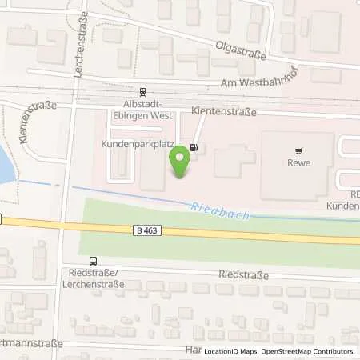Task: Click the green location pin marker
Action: coord(180,162)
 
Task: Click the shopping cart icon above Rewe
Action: coord(299,150)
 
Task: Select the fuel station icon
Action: coord(196,147)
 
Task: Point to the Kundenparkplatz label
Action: coord(130,146)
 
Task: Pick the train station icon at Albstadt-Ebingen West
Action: coord(142,92)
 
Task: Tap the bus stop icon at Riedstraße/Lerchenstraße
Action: coord(94,261)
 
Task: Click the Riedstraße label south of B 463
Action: coord(242,274)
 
